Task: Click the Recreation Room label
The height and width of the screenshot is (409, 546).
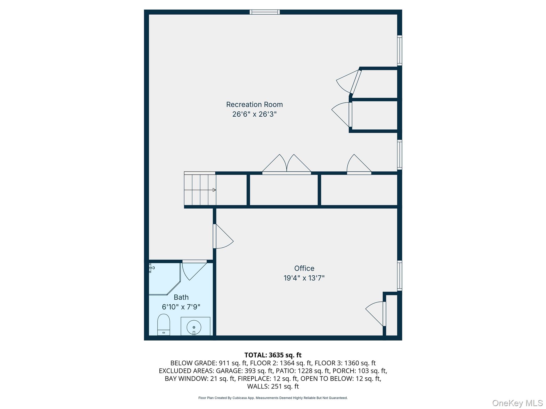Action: point(254,105)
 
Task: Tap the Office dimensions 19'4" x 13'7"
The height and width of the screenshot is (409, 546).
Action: point(304,278)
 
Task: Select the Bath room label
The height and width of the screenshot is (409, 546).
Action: point(181,297)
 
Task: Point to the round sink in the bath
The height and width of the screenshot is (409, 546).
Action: point(194,327)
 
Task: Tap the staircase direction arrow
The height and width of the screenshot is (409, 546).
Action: point(214,190)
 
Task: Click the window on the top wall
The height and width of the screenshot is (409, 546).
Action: point(264,12)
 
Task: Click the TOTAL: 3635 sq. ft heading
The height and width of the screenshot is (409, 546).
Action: point(273,355)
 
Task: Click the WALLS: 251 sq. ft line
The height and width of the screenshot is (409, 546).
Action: point(273,386)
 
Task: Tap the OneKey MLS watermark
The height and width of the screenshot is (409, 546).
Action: point(517,403)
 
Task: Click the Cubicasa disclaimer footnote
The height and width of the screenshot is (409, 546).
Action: point(273,398)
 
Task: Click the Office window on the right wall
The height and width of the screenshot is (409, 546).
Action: point(399,276)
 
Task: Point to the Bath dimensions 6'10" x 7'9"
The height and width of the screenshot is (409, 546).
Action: point(181,307)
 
